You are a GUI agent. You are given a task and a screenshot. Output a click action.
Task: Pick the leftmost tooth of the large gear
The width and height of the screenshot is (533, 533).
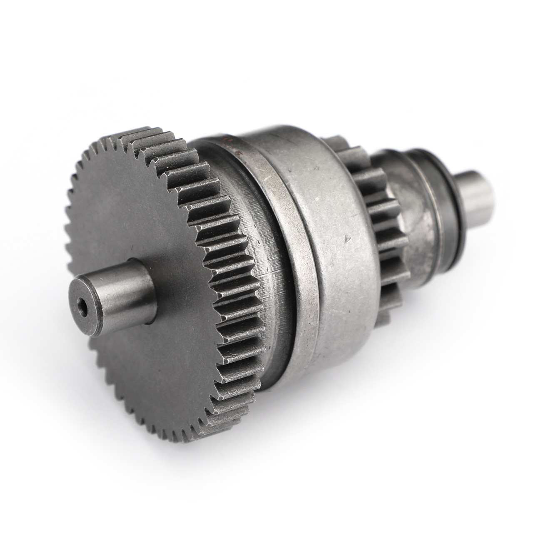point(69,233)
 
